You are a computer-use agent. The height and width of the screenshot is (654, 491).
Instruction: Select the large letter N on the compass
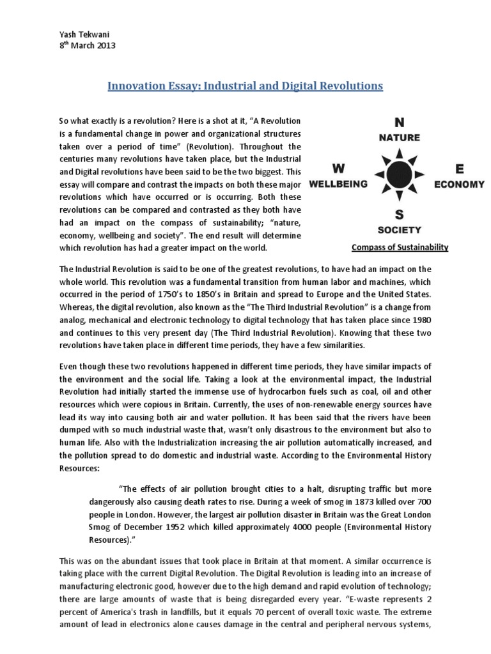click(x=400, y=122)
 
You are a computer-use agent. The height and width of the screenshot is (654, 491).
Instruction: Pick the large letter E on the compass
click(x=459, y=169)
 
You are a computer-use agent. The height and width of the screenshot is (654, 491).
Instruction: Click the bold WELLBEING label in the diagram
click(x=338, y=184)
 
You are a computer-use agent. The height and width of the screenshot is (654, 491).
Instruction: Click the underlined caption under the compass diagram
click(x=400, y=247)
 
